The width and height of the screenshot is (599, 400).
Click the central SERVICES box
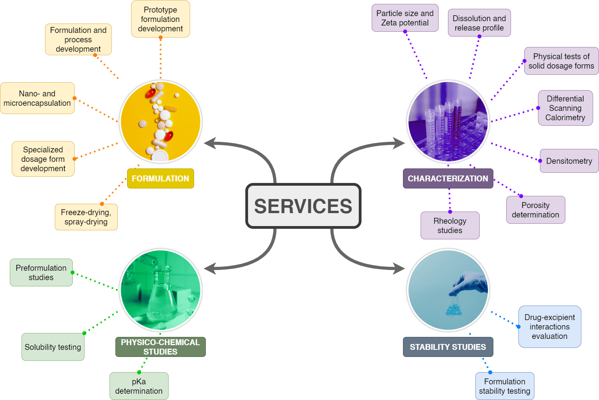[303, 206]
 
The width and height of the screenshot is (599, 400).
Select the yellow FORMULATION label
[160, 179]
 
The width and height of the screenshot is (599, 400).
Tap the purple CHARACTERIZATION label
[448, 179]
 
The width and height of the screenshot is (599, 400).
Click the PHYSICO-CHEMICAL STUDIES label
[160, 347]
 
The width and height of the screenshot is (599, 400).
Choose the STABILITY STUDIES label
[448, 347]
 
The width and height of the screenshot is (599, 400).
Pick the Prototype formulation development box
[160, 19]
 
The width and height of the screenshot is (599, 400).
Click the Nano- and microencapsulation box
[37, 98]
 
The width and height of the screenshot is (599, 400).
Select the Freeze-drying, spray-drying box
[86, 217]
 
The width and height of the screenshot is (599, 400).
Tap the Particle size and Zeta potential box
[405, 18]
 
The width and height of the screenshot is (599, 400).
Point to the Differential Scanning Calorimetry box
[565, 108]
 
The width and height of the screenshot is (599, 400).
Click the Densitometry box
[569, 161]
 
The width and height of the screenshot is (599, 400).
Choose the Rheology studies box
[450, 226]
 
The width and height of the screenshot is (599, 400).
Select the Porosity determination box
[536, 210]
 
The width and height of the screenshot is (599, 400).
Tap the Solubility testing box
[53, 347]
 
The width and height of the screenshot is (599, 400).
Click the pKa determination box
[139, 386]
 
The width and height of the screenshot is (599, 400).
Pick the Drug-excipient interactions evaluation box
[550, 327]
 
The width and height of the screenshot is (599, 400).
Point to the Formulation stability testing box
[505, 386]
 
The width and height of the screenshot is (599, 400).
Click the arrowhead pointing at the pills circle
[209, 143]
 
